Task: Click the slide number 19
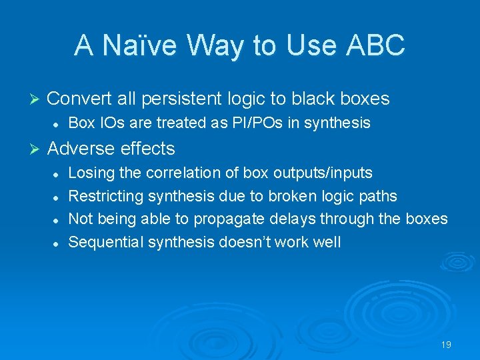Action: pyautogui.click(x=446, y=345)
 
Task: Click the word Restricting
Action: pyautogui.click(x=106, y=196)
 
